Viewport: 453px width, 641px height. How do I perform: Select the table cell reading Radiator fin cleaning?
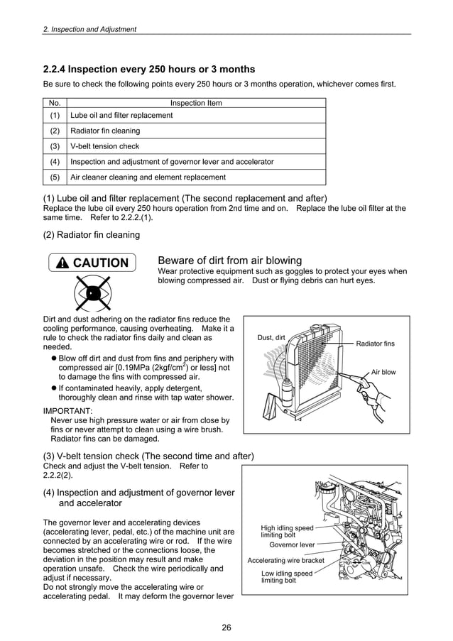[105, 131]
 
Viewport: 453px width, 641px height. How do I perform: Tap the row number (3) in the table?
[55, 146]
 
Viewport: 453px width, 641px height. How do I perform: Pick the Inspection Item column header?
[196, 103]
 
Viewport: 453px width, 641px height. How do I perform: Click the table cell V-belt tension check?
[105, 146]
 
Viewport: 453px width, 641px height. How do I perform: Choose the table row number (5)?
[55, 177]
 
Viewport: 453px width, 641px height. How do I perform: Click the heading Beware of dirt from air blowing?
[229, 261]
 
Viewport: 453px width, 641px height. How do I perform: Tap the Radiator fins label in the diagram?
[375, 344]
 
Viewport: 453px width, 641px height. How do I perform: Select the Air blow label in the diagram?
[383, 372]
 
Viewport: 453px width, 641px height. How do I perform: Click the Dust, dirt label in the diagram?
[271, 337]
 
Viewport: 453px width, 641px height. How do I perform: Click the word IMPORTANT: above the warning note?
[67, 411]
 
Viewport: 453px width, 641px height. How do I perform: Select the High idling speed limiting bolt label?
[287, 532]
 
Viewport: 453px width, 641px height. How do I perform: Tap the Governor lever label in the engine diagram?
[292, 545]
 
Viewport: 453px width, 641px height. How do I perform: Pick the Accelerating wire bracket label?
[285, 561]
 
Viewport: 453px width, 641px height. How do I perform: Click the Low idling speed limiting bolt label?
[287, 577]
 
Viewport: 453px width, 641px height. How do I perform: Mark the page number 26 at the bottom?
[226, 627]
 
